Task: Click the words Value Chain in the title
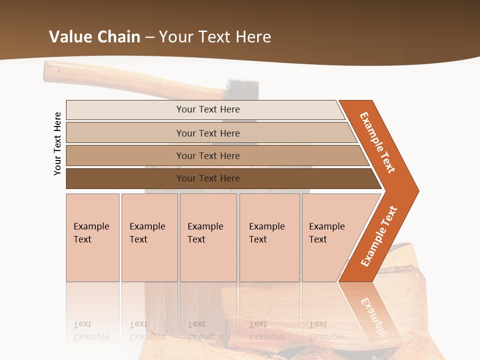tap(94, 37)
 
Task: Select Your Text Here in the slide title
tap(215, 37)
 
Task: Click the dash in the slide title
tap(149, 37)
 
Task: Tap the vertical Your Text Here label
tap(57, 143)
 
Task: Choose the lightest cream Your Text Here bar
tap(207, 109)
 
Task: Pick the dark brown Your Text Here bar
tap(207, 178)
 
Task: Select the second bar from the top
tap(207, 133)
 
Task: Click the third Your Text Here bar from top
tap(207, 155)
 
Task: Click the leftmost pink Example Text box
tap(92, 237)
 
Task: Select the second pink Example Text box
tap(149, 237)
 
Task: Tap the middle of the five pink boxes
tap(208, 237)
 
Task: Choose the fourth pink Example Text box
tap(269, 237)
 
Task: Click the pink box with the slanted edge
tap(330, 237)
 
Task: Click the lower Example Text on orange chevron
tap(379, 236)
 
